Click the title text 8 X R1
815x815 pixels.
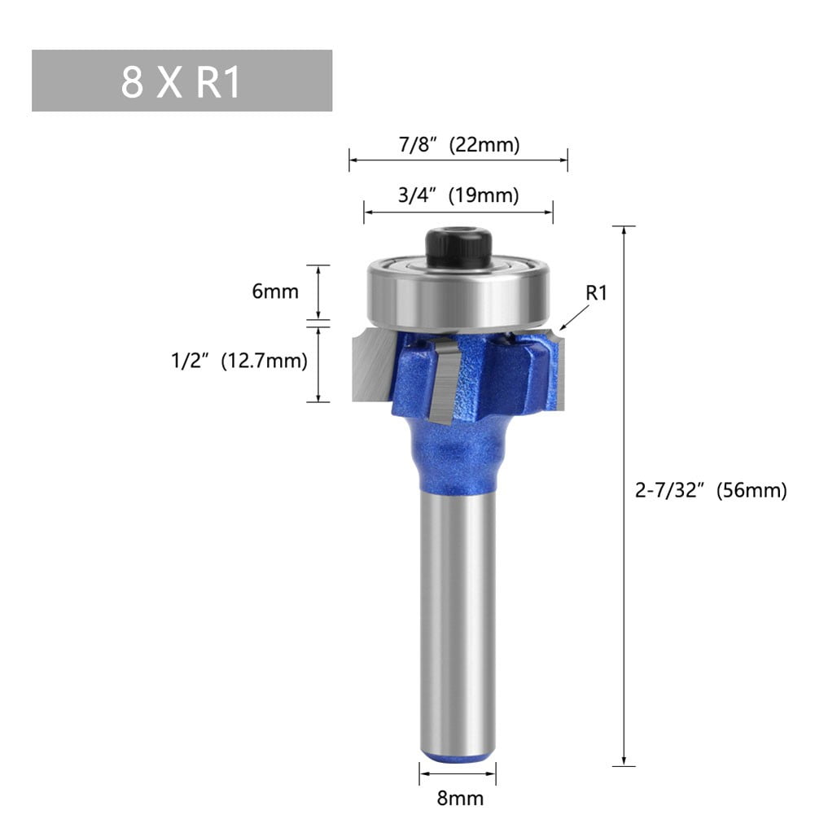pos(181,81)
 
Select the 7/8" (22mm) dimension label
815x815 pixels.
pos(458,145)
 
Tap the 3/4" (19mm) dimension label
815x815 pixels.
pos(458,196)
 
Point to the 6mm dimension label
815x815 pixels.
pos(274,291)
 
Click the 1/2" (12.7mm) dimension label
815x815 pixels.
pos(239,361)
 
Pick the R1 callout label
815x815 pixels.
pos(598,293)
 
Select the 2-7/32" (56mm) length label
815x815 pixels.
pos(710,491)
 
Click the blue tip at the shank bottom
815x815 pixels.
pos(458,757)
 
